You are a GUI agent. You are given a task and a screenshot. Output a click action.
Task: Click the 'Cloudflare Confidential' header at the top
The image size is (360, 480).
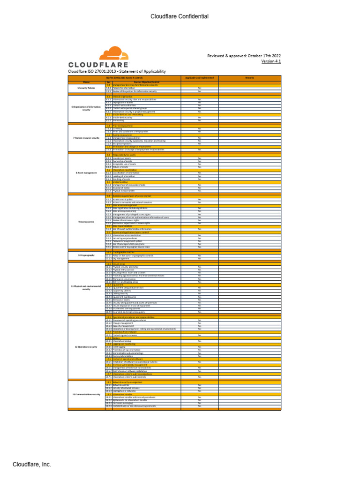180,17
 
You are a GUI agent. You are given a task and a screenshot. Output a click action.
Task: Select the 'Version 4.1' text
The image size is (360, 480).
271,61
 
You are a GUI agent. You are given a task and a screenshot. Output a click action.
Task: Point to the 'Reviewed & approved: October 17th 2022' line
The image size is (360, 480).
244,55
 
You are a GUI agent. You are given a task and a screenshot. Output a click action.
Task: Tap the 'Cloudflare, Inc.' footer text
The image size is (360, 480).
32,465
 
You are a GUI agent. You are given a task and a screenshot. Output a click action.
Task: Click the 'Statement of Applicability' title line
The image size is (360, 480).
117,71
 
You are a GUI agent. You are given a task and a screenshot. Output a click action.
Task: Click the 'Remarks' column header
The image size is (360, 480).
250,77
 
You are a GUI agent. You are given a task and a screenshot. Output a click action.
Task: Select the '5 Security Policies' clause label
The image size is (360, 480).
86,88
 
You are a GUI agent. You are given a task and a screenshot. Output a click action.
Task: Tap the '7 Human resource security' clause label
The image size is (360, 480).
86,138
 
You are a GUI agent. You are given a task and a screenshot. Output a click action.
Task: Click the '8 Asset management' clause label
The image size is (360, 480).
86,172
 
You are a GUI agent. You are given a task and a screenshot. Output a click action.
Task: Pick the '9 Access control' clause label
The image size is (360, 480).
86,221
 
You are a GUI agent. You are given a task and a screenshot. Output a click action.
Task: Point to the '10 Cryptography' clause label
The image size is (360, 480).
86,255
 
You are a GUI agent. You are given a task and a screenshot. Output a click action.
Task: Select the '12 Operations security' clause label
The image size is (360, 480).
86,347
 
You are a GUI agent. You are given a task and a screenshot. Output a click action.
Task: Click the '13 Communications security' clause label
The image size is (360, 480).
86,394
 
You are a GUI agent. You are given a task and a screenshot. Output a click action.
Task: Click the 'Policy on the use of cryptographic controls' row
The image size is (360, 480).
134,255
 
